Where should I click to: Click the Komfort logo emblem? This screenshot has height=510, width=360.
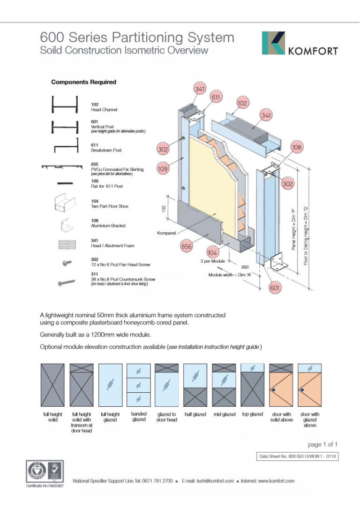coord(273,43)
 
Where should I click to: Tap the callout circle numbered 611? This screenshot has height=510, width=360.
coord(216,97)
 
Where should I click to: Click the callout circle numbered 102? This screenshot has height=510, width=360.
coord(242,103)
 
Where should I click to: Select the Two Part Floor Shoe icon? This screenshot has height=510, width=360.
coord(64,204)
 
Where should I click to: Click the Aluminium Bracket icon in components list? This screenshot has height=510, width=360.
coord(64,225)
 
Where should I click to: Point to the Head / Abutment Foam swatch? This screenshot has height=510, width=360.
coord(64,244)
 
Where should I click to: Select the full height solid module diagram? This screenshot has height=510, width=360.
coord(52,385)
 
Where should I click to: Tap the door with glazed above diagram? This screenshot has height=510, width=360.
coord(310,385)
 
